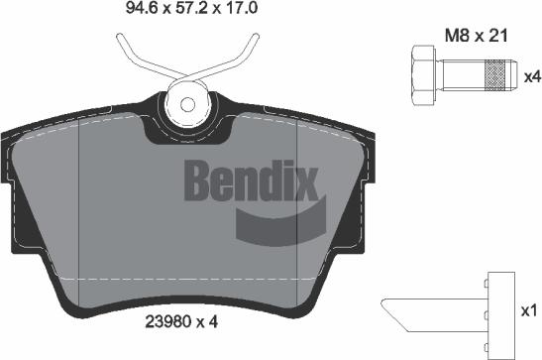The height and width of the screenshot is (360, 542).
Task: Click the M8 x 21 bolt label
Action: click(x=476, y=36)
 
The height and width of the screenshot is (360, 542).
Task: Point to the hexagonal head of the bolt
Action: click(x=423, y=75)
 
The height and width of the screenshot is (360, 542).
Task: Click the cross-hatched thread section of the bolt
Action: click(x=495, y=75)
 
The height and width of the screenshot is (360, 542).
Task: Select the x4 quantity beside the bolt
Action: click(x=532, y=76)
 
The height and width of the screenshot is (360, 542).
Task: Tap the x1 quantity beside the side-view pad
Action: click(x=529, y=310)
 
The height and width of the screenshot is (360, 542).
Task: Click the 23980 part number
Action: click(x=168, y=322)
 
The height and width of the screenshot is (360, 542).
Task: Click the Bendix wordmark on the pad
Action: click(x=251, y=180)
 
